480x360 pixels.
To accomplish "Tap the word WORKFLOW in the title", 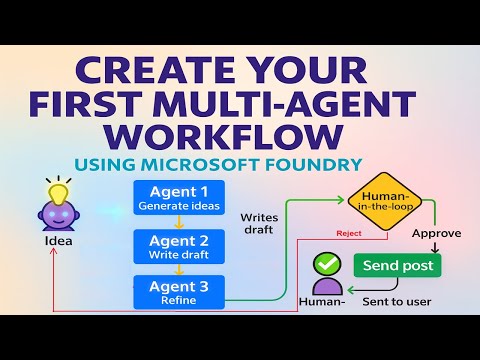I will tap(239, 137).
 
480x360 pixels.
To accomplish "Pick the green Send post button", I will tap(397, 265).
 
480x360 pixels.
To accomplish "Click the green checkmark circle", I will tap(326, 265).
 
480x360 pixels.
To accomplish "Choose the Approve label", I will tap(436, 233).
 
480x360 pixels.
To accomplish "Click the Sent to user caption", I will tap(396, 299).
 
